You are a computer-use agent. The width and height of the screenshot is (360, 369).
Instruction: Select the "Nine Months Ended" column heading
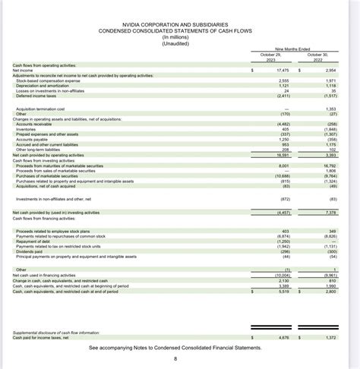pos(291,49)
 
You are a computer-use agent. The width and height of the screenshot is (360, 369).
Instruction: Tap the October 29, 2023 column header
pos(270,58)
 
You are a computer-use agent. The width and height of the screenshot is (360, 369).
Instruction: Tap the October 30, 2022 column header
pos(317,58)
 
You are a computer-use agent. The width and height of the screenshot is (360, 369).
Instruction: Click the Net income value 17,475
pos(280,70)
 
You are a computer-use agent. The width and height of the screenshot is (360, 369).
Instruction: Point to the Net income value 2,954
pos(329,70)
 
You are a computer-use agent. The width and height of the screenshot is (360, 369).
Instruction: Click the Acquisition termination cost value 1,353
pos(329,109)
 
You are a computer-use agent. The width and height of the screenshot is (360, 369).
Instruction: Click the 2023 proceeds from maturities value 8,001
pos(283,165)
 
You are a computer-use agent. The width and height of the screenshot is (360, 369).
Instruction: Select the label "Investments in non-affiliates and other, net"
pos(51,198)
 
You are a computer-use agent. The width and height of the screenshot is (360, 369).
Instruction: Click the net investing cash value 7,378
pos(328,213)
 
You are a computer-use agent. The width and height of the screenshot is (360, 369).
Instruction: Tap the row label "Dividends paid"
pos(28,251)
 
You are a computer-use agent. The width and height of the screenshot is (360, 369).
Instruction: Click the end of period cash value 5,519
pos(283,291)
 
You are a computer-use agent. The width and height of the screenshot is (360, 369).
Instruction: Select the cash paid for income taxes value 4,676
pos(283,336)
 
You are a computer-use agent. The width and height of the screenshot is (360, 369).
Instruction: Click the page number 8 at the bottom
pos(175,358)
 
